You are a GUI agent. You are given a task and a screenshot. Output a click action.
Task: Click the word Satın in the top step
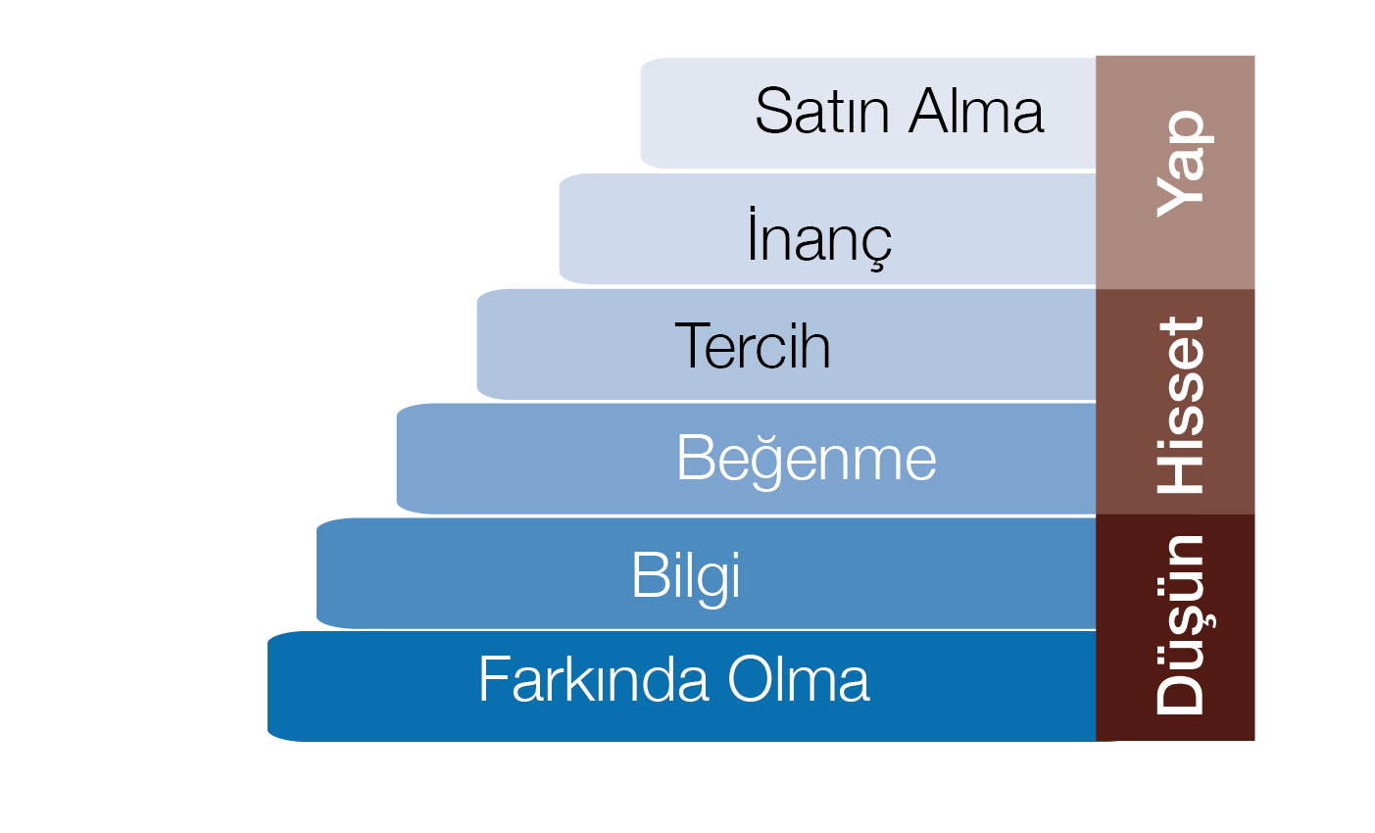point(822,111)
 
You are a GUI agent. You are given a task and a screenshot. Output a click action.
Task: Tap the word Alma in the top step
point(976,111)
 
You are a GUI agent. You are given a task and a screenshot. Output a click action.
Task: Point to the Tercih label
point(753,346)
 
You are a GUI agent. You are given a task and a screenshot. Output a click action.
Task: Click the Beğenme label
point(807,460)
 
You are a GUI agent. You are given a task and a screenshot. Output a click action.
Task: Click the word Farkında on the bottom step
point(594,678)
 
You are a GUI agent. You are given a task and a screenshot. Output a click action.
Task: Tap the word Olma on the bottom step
point(799,678)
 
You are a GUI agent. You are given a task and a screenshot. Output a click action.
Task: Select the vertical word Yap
point(1185,164)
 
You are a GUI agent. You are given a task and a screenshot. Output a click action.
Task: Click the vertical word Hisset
point(1180,405)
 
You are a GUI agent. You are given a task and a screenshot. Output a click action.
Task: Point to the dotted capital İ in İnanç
point(752,233)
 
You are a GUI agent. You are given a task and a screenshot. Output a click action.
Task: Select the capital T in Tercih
point(693,346)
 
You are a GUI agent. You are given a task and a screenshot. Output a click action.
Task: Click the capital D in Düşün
point(1180,694)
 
